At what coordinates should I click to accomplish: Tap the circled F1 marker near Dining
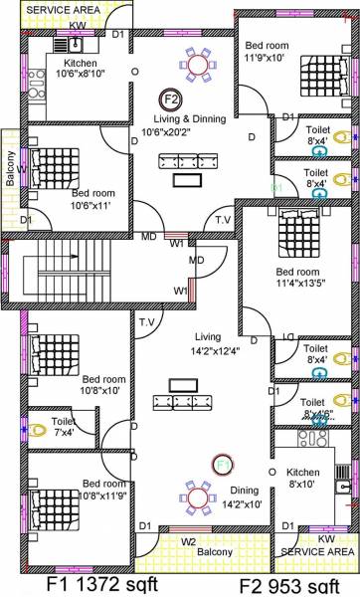pos(222,464)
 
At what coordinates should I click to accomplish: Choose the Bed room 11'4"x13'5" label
pos(297,278)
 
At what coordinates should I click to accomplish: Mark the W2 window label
pos(188,542)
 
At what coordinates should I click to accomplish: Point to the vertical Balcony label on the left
pos(10,166)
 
